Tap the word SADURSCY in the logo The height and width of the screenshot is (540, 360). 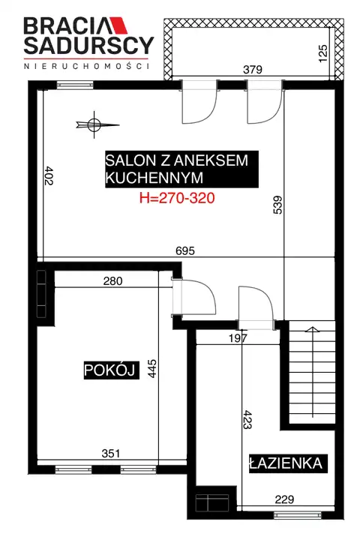88,45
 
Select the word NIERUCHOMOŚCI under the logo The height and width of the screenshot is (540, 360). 87,66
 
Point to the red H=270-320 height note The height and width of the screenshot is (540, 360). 177,198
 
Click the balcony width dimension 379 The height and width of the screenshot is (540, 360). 253,70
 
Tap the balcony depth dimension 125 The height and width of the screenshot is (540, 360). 322,53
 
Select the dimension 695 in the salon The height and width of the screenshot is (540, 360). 185,250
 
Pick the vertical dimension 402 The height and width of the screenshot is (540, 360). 49,175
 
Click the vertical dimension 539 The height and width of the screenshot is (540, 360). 277,205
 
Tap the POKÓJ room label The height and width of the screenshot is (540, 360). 112,370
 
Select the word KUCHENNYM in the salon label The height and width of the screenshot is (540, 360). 154,178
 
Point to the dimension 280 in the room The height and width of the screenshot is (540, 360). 113,281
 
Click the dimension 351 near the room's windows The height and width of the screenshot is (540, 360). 111,453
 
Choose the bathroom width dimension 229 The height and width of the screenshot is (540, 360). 284,499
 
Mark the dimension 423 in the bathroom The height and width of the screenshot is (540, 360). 247,419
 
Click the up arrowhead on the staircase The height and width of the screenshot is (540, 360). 313,329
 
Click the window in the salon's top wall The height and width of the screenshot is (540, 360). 75,85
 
